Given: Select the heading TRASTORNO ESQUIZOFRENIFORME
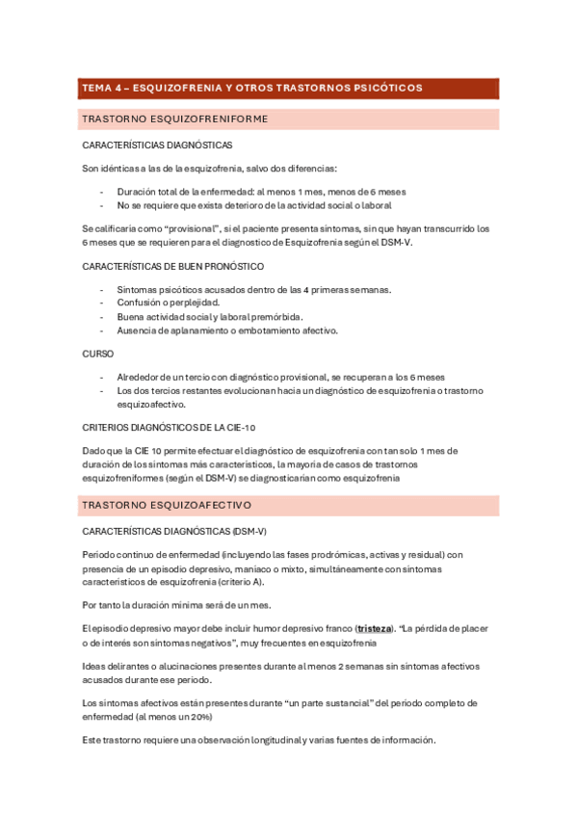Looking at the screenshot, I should coord(174,119).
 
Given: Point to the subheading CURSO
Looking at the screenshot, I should coord(98,354).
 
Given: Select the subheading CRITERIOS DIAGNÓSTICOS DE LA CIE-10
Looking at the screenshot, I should coord(170,426).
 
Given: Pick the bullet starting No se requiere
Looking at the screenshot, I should coord(254,205).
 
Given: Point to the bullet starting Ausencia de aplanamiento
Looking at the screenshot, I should coord(227,330).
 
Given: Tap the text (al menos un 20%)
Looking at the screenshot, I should coord(193,717).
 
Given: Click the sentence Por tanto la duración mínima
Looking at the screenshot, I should coord(176,605).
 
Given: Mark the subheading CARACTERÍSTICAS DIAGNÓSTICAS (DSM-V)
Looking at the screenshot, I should coord(174,531).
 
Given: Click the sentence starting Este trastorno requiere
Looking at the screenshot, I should coord(259,740).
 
